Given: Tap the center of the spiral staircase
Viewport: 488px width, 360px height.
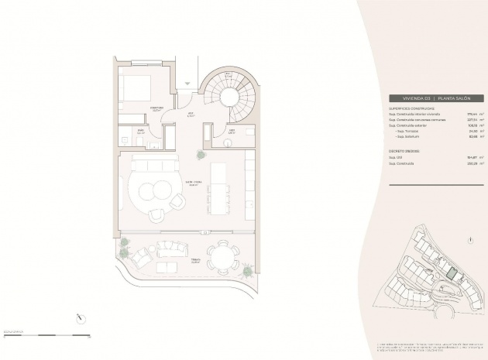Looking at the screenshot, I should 229,95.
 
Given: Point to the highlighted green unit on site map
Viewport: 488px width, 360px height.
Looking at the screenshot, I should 452,272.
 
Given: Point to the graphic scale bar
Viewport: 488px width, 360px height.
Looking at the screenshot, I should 46,334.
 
